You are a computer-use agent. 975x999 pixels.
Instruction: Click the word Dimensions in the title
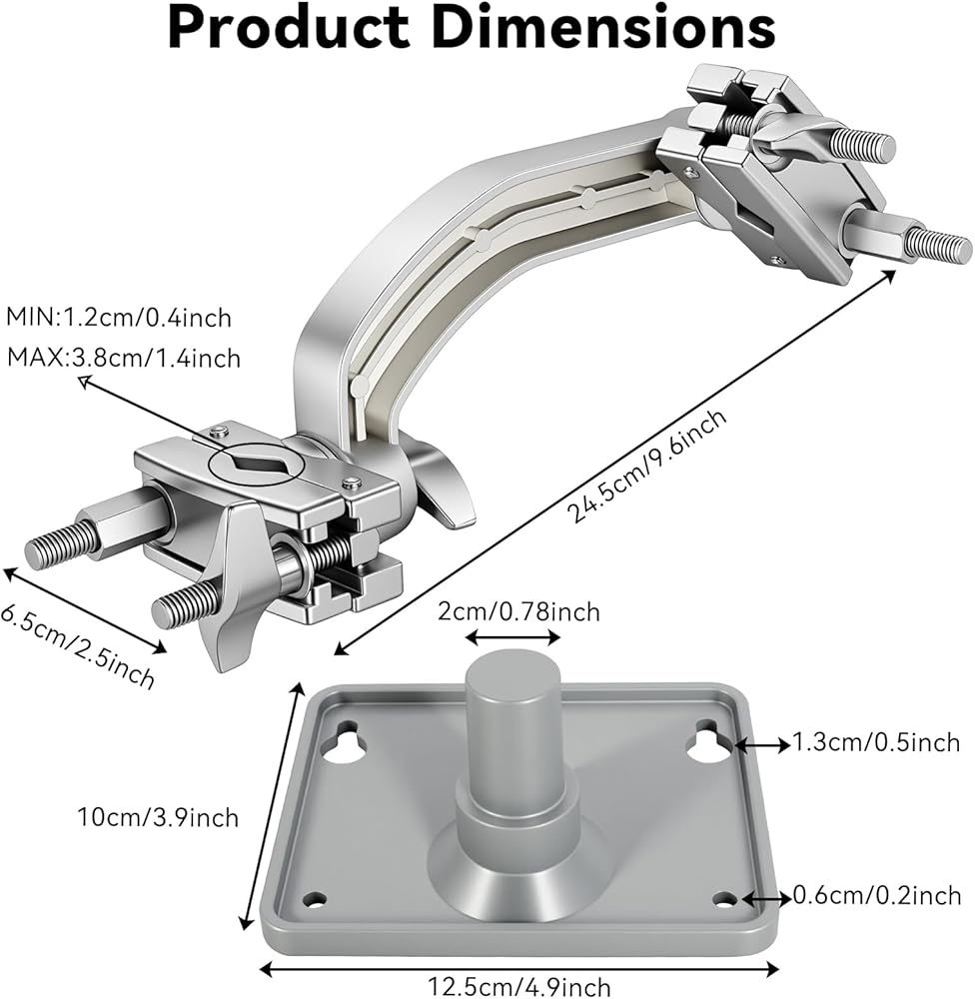(x=608, y=27)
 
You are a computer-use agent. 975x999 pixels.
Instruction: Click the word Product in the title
(x=289, y=27)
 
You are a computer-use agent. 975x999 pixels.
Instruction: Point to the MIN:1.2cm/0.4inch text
(x=119, y=318)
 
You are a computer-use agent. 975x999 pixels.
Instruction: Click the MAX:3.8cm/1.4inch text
(x=124, y=358)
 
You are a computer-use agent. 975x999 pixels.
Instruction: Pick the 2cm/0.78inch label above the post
(x=518, y=611)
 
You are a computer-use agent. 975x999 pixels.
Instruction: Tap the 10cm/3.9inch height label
(x=158, y=817)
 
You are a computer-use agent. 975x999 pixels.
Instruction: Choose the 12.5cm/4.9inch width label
(x=518, y=986)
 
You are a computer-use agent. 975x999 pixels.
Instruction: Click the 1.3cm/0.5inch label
(x=875, y=743)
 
